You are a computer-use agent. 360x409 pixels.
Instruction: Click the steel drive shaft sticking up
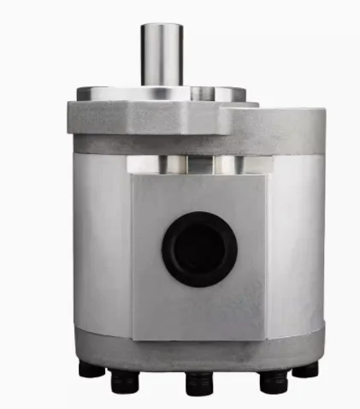162,56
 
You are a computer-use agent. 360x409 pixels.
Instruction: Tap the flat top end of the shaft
162,26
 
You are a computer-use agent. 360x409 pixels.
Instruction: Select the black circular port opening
199,249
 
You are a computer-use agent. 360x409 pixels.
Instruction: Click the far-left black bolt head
91,370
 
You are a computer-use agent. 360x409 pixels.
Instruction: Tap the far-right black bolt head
305,370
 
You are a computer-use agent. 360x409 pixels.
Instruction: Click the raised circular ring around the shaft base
162,92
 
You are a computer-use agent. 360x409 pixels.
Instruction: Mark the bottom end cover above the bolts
198,351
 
